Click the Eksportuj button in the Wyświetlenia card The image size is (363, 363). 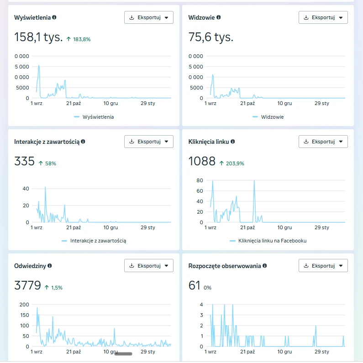(x=149, y=17)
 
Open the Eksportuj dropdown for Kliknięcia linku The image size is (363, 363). (x=323, y=142)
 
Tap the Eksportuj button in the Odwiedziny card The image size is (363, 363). (x=149, y=266)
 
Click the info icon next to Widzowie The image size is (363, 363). (x=219, y=17)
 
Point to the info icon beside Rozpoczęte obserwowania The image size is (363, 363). (x=265, y=266)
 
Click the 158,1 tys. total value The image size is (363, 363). (x=38, y=37)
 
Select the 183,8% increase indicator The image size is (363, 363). (x=79, y=39)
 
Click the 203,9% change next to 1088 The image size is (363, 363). (x=232, y=163)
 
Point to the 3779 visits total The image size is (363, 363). (x=27, y=285)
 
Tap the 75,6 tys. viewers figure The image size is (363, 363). (x=210, y=37)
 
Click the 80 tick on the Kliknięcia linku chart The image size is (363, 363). (x=200, y=180)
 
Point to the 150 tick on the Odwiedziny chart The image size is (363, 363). (x=25, y=315)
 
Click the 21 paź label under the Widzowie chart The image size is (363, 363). (x=247, y=103)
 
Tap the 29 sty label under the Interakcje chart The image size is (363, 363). (x=147, y=227)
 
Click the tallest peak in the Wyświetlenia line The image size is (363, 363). (x=39, y=65)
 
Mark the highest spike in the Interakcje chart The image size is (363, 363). (x=45, y=187)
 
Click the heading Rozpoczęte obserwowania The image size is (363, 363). (x=225, y=266)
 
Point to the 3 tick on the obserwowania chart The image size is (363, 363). (x=201, y=315)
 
